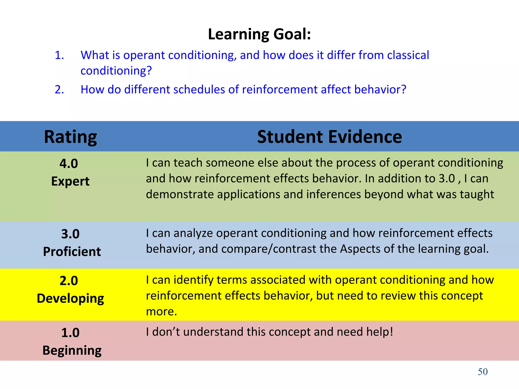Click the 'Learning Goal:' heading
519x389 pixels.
coord(259,34)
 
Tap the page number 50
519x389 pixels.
coord(483,372)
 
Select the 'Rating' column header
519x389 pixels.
coord(70,137)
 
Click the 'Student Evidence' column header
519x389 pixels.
coord(329,137)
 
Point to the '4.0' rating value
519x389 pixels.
coord(69,164)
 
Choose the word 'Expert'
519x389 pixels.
coord(70,181)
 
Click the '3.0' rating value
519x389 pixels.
coord(70,234)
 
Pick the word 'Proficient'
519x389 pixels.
coord(72,252)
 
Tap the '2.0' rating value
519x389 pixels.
coord(69,281)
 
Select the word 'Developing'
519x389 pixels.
coord(70,299)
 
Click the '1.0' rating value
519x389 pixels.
coord(70,333)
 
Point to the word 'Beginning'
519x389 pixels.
coord(72,351)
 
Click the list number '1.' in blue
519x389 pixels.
coord(59,55)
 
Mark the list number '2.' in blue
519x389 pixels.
coord(59,90)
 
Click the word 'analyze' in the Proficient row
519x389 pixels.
coord(193,233)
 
